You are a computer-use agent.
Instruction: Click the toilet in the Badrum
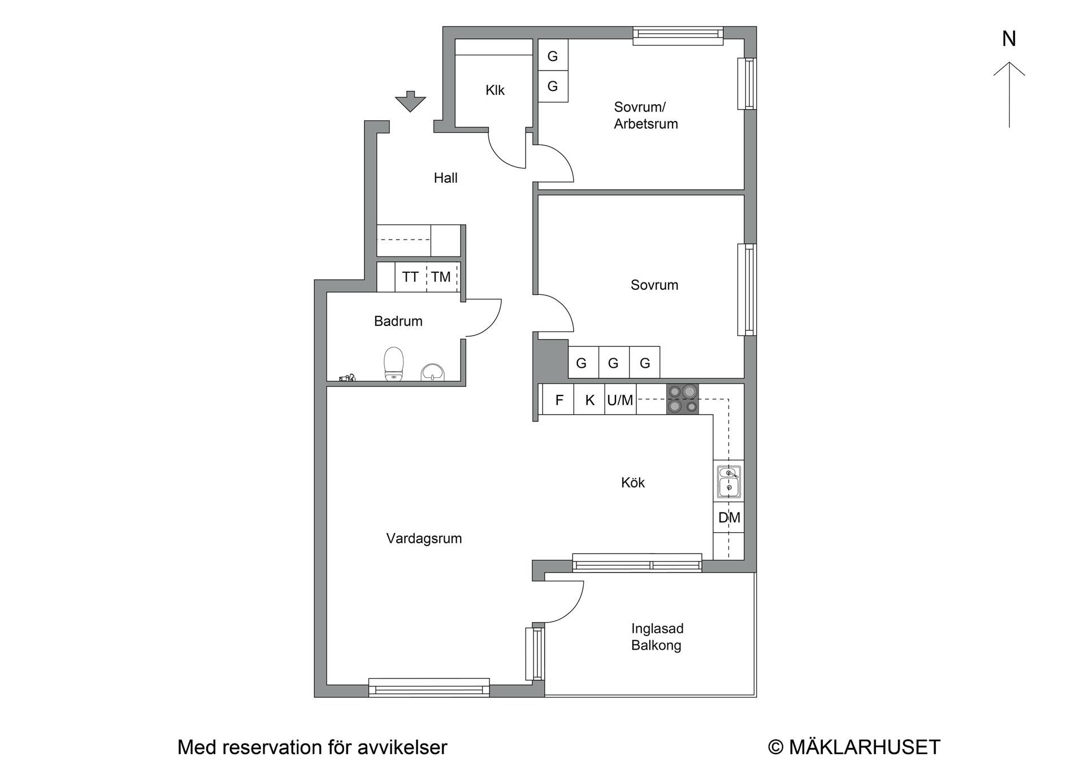pos(394,364)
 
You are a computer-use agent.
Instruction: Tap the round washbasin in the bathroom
pos(433,372)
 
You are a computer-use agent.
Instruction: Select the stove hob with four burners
pos(682,399)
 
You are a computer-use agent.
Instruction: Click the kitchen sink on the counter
pos(729,482)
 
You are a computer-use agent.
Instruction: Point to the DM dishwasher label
pos(729,517)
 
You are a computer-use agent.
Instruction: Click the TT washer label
pos(410,277)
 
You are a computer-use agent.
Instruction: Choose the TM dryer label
pos(441,277)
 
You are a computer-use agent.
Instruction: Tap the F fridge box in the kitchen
pos(558,399)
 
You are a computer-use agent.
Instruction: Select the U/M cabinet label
pos(620,400)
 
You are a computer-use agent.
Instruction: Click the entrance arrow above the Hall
pos(410,101)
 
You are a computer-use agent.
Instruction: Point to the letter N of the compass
pos(1009,38)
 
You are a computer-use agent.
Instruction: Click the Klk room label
pos(495,90)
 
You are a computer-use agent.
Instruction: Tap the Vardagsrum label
pos(424,538)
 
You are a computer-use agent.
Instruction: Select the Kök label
pos(632,482)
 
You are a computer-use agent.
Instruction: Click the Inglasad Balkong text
pos(657,637)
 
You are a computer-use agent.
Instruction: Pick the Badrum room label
pos(398,321)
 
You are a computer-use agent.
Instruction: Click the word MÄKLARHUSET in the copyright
pos(865,747)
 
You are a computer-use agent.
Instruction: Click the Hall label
pos(445,178)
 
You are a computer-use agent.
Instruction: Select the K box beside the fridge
pos(589,399)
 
